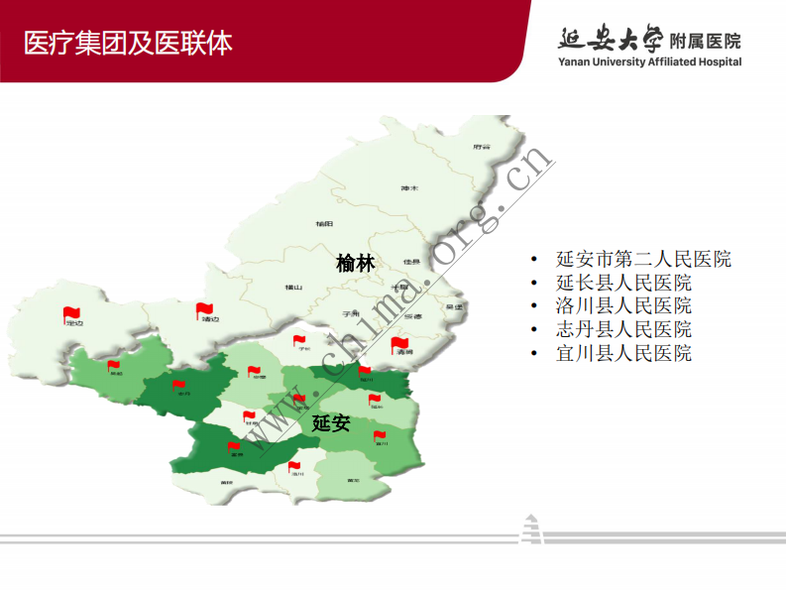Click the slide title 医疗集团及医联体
coord(129,43)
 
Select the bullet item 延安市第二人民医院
coord(643,259)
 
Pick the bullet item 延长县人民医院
coord(623,283)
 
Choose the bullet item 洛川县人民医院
coord(623,305)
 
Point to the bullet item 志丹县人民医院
coord(623,329)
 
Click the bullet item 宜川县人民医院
coord(623,353)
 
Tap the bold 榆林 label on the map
coord(356,264)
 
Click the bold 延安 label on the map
coord(331,423)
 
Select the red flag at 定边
coord(70,313)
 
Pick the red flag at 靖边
coord(204,310)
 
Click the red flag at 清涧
coord(399,343)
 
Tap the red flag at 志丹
coord(179,385)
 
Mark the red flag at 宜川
coord(380,435)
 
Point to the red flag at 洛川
coord(296,466)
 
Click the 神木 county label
coord(409,188)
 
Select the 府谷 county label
coord(483,146)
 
